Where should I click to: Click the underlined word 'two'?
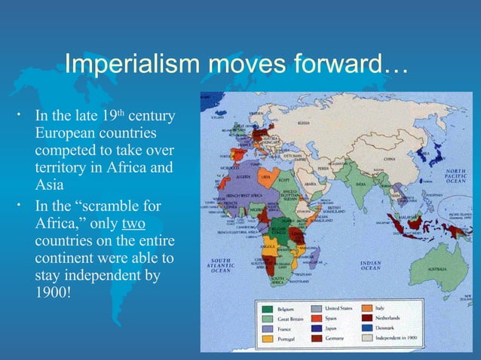tap(133, 224)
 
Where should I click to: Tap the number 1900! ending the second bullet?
tap(52, 290)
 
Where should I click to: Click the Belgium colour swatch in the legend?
tap(267, 309)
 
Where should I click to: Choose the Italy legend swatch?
tap(369, 309)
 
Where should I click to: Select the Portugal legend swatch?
tap(267, 338)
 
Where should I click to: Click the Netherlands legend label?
tap(404, 319)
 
